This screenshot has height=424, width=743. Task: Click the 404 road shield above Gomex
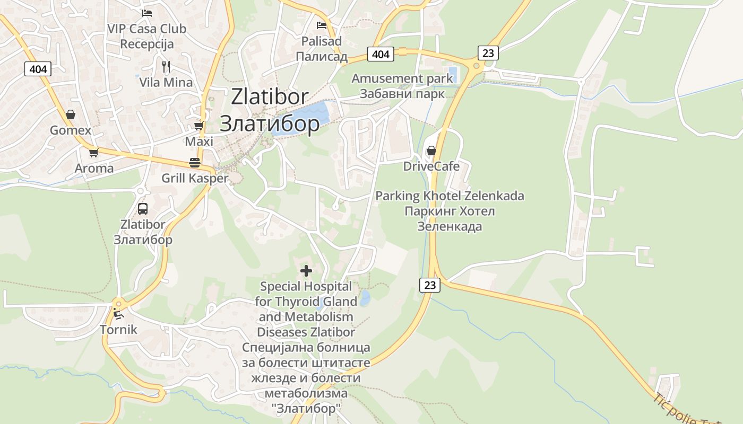point(38,69)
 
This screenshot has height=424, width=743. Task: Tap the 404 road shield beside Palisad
point(381,54)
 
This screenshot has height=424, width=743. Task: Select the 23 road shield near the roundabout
point(488,52)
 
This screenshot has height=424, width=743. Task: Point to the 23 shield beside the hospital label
point(430,285)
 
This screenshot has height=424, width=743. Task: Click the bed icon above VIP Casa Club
point(147,13)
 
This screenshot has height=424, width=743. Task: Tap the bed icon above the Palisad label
point(322,25)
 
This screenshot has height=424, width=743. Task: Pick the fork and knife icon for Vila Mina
point(166,66)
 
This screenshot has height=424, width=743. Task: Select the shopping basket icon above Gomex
point(70,114)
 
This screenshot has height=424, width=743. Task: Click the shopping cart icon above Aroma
point(93,153)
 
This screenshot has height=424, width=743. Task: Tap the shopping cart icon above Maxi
point(198,126)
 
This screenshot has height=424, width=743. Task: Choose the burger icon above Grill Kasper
point(194,162)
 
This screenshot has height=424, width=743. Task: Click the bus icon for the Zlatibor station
point(142,208)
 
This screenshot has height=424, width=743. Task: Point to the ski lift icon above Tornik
point(118,314)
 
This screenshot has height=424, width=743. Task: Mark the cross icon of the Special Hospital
point(306,271)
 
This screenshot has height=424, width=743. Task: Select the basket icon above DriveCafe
point(431,151)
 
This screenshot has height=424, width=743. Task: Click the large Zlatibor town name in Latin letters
point(270,96)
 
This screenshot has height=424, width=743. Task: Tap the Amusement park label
point(402,78)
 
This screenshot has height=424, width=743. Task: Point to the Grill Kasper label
point(195,178)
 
